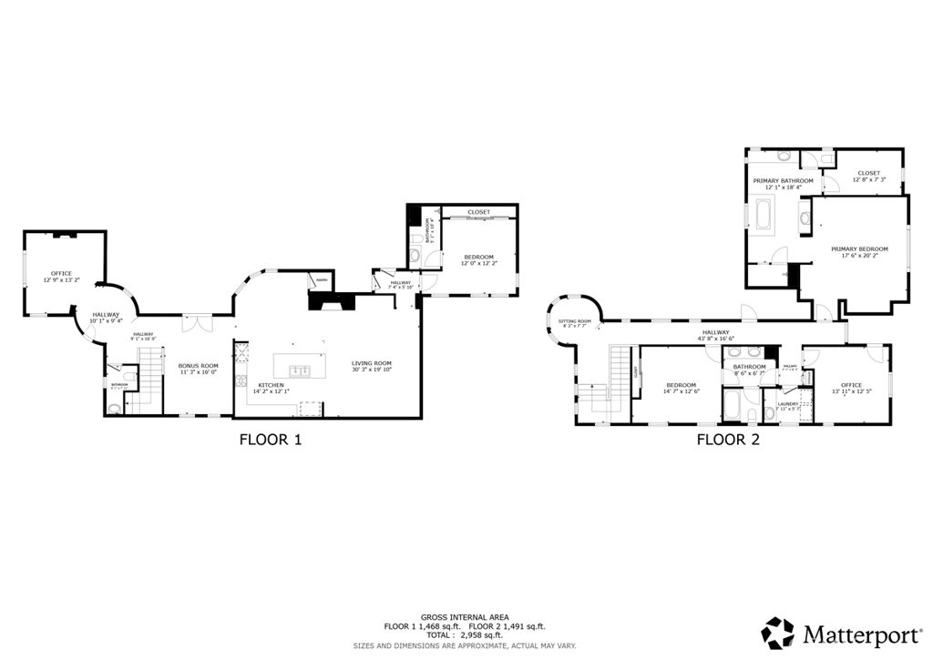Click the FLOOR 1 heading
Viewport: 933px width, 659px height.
coord(270,440)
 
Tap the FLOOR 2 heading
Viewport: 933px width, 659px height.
coord(728,440)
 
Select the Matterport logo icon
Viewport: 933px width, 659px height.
coord(777,632)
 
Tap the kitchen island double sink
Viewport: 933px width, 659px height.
coord(300,370)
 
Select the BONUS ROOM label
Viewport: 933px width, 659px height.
coord(198,365)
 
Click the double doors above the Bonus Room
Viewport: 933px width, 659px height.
coord(196,321)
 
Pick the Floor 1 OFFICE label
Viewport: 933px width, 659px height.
coord(61,273)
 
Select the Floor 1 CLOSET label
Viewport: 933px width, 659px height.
coord(478,212)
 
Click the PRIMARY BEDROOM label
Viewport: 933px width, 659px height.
coord(858,248)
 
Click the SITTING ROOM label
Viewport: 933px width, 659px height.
coord(575,320)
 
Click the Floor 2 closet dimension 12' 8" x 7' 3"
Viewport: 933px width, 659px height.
coord(868,179)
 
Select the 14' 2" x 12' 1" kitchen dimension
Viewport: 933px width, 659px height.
coord(271,391)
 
